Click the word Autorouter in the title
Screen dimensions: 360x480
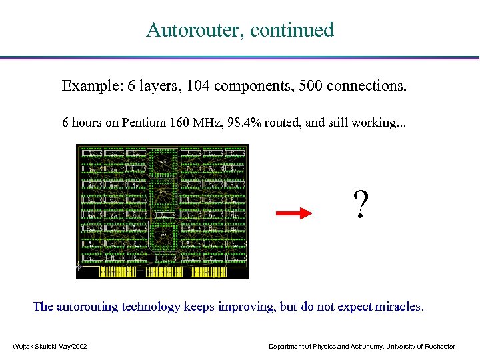pyautogui.click(x=189, y=30)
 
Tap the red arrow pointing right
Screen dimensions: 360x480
pyautogui.click(x=294, y=213)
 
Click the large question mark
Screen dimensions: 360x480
pyautogui.click(x=360, y=205)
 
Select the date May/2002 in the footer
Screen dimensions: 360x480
pyautogui.click(x=71, y=346)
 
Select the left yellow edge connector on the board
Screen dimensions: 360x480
pyautogui.click(x=118, y=272)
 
